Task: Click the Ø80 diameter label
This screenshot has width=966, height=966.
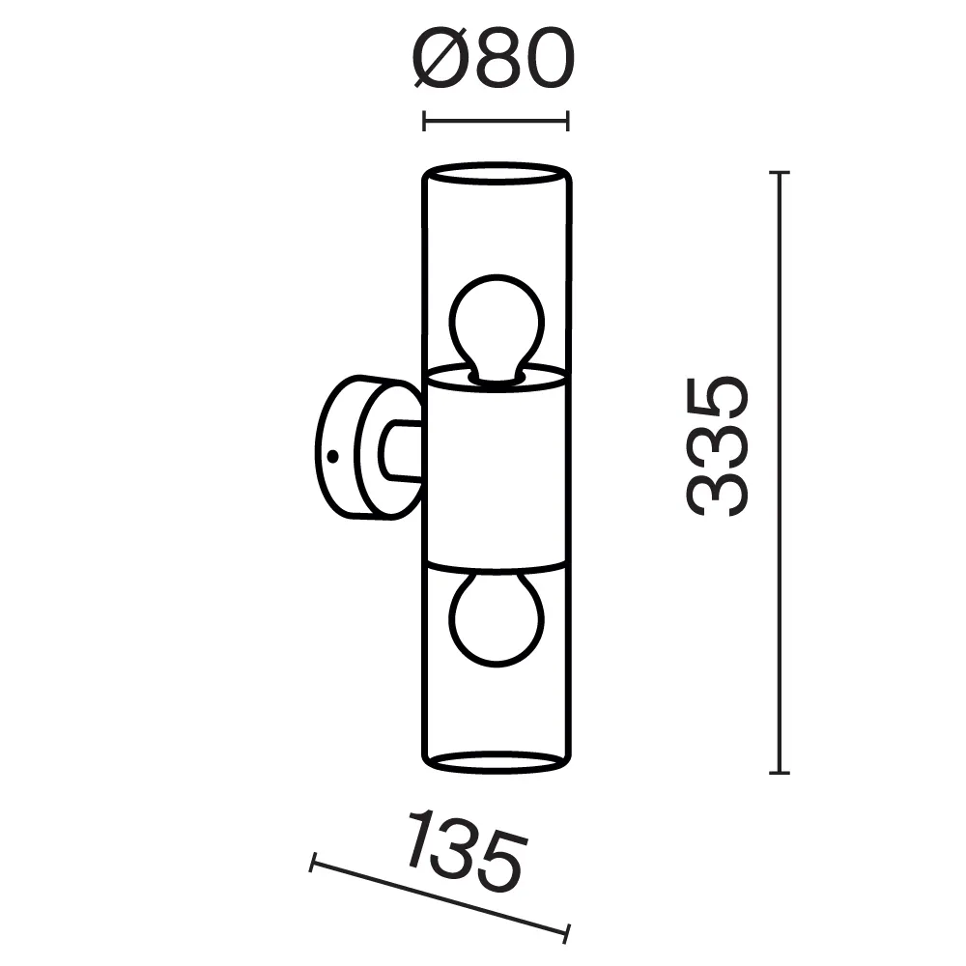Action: tap(496, 60)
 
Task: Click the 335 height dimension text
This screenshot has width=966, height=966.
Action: tap(717, 445)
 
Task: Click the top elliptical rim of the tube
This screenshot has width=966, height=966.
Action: tap(496, 174)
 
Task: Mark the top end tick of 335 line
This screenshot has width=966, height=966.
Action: tap(780, 172)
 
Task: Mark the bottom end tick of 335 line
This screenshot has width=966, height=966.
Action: tap(780, 773)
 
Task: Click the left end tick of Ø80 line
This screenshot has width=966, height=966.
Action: tap(425, 121)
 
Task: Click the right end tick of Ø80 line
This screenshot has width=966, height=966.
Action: tap(568, 121)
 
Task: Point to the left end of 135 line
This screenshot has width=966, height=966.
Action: tap(312, 862)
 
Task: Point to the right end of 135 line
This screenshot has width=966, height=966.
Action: tap(568, 932)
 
